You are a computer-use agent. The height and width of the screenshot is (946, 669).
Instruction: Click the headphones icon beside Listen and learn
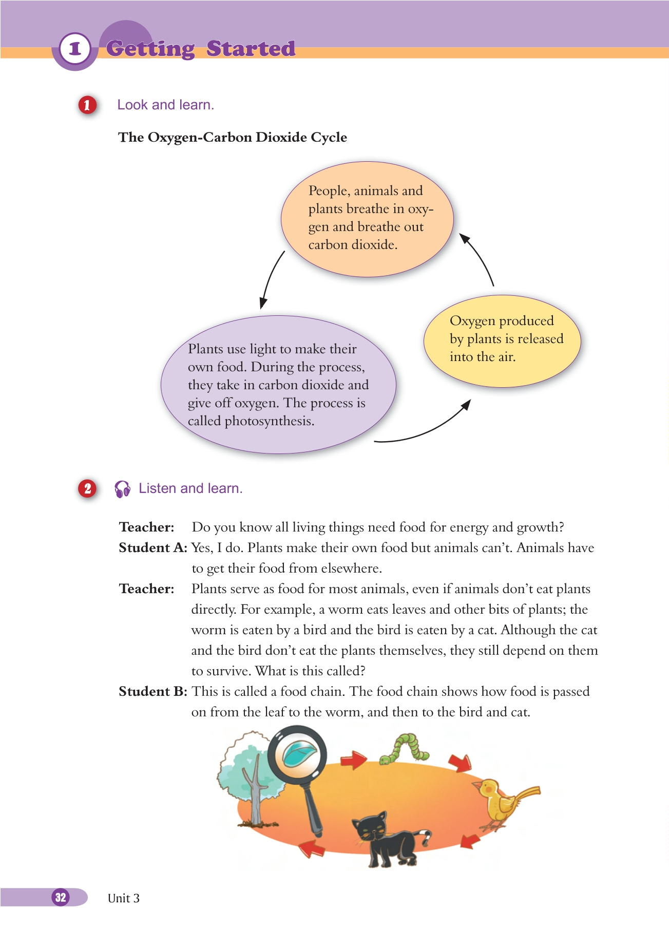coord(122,489)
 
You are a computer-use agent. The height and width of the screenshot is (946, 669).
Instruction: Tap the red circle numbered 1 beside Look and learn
coord(87,105)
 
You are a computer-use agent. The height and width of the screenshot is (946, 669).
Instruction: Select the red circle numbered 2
coord(87,488)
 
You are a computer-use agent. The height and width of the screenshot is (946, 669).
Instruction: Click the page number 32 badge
coord(61,897)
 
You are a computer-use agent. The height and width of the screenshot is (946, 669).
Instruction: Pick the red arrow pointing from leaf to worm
coord(353,760)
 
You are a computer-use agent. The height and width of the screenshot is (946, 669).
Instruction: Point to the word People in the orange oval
coord(328,191)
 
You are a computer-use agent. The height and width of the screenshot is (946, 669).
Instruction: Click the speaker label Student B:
coord(153,692)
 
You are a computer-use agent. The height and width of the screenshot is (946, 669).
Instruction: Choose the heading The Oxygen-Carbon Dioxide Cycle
coord(233,138)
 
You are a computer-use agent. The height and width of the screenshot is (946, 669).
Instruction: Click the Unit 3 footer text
coord(124,898)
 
